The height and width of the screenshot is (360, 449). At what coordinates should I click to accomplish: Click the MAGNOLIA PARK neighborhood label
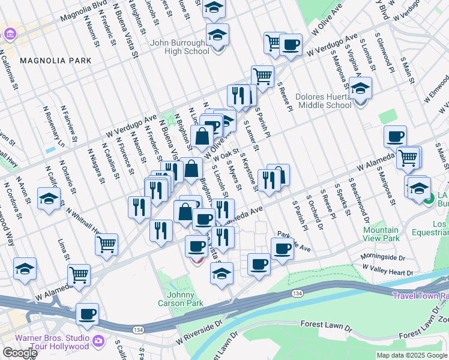(55, 61)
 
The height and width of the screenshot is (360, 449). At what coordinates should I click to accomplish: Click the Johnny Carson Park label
(180, 298)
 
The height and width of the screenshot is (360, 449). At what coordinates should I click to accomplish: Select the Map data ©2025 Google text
(412, 355)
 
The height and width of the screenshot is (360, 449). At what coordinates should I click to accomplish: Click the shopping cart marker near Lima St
(79, 275)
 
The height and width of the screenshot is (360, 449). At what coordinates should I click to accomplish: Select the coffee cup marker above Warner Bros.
(88, 314)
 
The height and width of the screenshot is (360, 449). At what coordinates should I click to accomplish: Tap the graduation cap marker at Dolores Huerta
(361, 89)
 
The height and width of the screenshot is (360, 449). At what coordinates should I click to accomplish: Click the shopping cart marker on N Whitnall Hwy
(106, 244)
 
